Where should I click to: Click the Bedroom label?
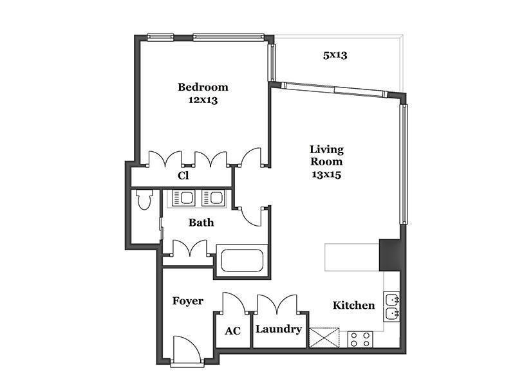click(203, 87)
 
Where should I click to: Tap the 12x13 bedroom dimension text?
click(203, 100)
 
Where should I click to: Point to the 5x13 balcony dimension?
click(335, 55)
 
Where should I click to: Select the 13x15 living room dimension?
click(326, 174)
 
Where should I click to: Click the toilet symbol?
click(144, 199)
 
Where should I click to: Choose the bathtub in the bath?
click(243, 261)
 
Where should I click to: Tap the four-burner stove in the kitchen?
click(360, 340)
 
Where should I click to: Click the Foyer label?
click(188, 301)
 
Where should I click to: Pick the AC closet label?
click(233, 331)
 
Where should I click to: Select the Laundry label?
click(279, 329)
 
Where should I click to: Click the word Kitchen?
click(353, 305)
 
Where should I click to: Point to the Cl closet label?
click(183, 176)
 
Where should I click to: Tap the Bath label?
click(201, 223)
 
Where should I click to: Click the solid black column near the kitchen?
click(390, 255)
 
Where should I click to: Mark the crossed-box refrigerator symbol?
click(324, 338)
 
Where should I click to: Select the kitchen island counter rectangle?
click(352, 257)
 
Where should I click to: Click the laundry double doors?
click(277, 302)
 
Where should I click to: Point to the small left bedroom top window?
click(160, 37)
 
